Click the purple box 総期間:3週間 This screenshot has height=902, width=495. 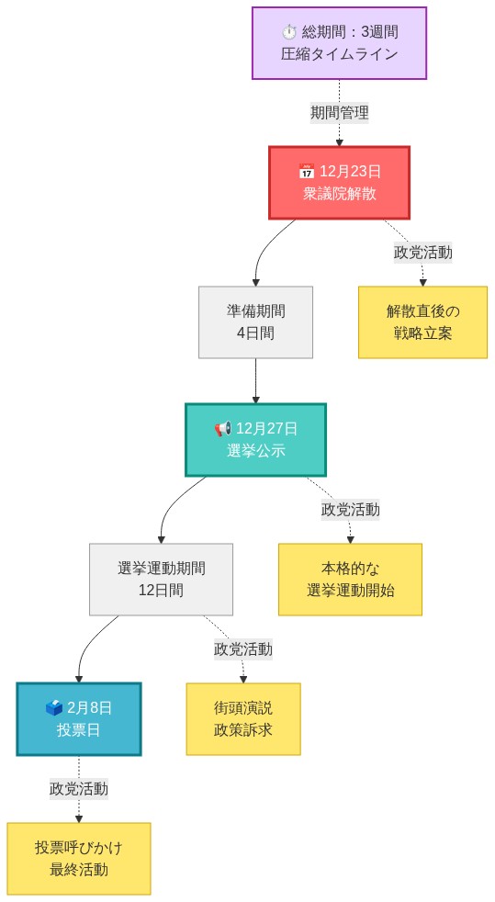(x=339, y=43)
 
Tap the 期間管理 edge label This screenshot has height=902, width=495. (x=339, y=113)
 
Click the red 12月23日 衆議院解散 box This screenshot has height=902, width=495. (x=339, y=182)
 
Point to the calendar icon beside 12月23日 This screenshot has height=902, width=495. (x=307, y=172)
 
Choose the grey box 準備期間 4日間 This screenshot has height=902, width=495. (x=255, y=321)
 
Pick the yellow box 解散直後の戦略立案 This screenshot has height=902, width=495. (x=422, y=321)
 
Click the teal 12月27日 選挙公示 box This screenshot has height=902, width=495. (x=255, y=439)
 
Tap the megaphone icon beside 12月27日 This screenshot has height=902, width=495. (x=222, y=429)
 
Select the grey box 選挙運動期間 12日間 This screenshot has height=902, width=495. (x=161, y=579)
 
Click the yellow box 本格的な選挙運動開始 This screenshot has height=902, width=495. (x=350, y=579)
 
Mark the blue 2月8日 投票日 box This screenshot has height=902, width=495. (x=78, y=718)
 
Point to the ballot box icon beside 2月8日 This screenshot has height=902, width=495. (x=54, y=708)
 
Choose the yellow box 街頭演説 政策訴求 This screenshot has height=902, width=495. (x=243, y=718)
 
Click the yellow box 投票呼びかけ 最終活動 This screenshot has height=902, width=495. (x=78, y=858)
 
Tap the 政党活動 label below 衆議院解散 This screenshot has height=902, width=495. (x=422, y=252)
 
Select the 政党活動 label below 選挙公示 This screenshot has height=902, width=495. (x=350, y=509)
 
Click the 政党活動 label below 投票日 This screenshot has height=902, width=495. (x=78, y=788)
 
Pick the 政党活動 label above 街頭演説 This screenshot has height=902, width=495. (x=243, y=648)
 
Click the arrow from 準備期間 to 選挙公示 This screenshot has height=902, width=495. (x=255, y=381)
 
